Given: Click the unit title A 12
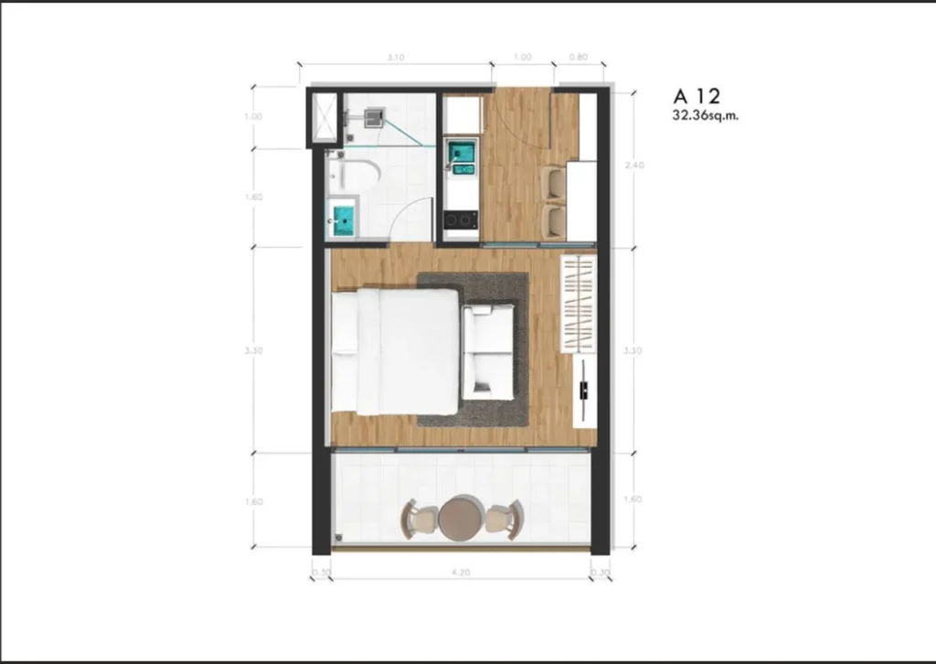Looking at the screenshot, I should pos(696,95).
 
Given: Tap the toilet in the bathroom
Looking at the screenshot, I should pos(359,175).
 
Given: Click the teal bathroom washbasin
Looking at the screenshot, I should pos(344,218).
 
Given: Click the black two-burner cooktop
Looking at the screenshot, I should pos(461,220).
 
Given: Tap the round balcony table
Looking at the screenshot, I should pos(461,518).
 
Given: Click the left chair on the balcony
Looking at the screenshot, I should pos(420,519).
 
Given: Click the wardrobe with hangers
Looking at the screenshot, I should pos(578,305).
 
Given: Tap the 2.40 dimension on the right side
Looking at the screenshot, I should pos(633,166).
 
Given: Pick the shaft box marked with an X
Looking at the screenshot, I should pos(324,117).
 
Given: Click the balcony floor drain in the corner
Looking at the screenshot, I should pos(338,538).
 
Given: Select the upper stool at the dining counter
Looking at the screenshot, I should pos(552,181).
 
